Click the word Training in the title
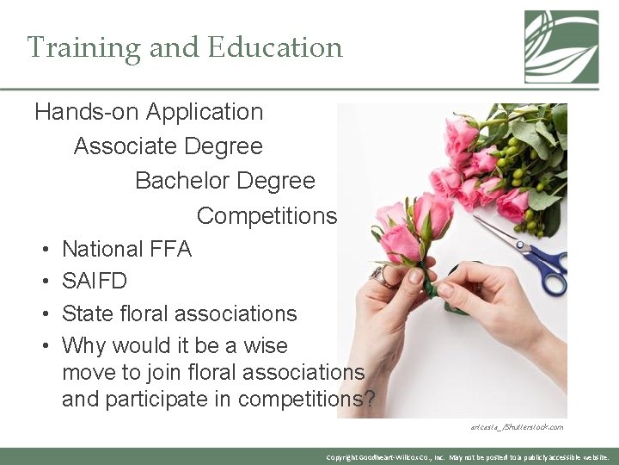pos(83,47)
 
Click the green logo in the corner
pos(561,46)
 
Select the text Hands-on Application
pos(149,112)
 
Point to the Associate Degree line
pos(169,146)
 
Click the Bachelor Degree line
pos(225,181)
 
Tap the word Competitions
pos(267,215)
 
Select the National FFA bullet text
pos(127,250)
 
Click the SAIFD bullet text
pos(95,282)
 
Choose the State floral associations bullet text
pos(180,313)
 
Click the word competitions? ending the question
pos(306,400)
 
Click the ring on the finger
pos(382,276)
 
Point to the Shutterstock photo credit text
pos(517,426)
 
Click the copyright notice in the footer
pos(468,456)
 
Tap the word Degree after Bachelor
pos(275,181)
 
